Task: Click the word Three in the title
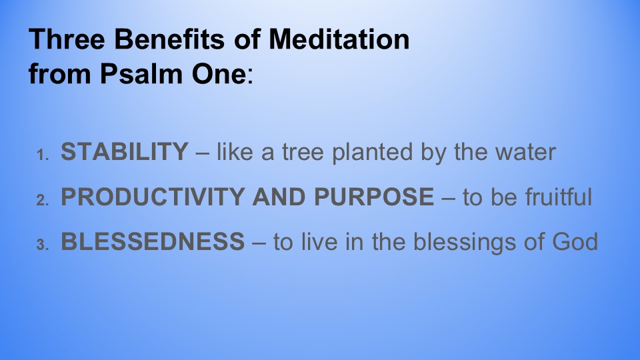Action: coord(67,39)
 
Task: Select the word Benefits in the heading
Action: coord(169,39)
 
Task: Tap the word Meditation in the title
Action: coord(339,39)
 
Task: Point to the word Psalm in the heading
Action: coord(141,74)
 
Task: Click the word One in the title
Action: coord(219,74)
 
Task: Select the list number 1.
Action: coord(43,155)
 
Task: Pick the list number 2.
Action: coord(43,200)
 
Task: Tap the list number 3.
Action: coord(43,245)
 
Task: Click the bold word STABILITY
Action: coord(125,151)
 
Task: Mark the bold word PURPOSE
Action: coord(374,196)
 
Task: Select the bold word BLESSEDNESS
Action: coord(153,241)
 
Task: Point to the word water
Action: coord(526,153)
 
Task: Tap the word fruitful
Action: coord(558,196)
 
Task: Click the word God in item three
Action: coord(575,241)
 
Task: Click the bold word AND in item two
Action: coord(279,196)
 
